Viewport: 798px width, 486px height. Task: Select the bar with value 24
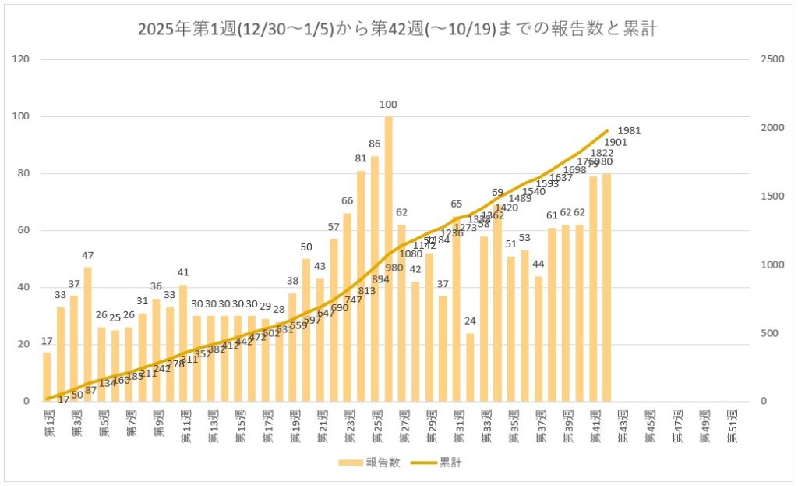[x=470, y=367]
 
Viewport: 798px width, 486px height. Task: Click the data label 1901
[x=616, y=143]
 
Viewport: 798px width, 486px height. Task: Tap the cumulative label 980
[x=394, y=268]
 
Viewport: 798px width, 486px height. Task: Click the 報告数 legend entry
[x=369, y=463]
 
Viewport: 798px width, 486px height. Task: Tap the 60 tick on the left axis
[x=24, y=231]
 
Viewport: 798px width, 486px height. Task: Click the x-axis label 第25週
[x=376, y=426]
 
